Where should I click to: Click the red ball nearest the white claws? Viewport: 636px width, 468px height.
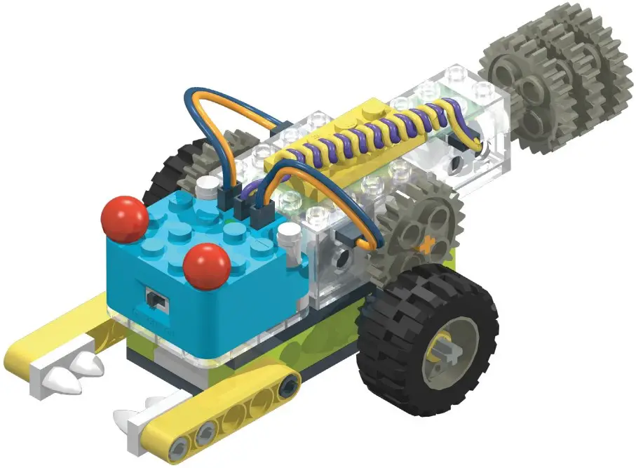[x=124, y=218]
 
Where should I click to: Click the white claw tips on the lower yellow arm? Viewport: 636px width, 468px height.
[x=140, y=415]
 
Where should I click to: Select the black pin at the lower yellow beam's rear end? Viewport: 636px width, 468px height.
[x=287, y=382]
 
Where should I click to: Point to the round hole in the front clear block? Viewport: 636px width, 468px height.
[x=344, y=260]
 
